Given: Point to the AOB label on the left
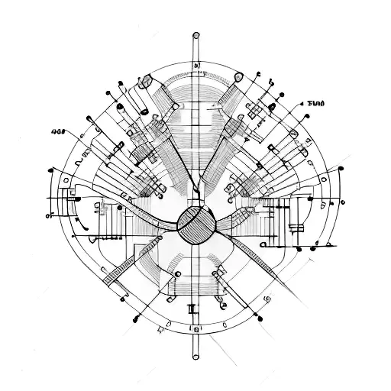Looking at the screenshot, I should pos(57,131).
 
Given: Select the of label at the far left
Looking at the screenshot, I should pos(50,216).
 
